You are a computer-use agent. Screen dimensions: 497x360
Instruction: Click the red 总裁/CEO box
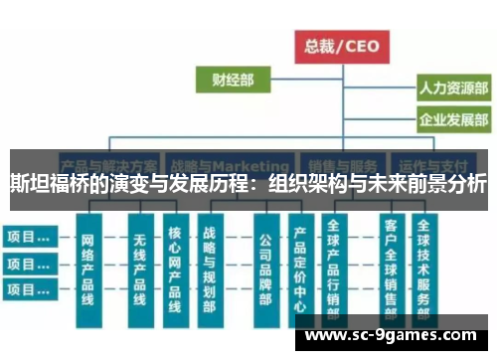click(342, 45)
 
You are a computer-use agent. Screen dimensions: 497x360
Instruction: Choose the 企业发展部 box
click(451, 121)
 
